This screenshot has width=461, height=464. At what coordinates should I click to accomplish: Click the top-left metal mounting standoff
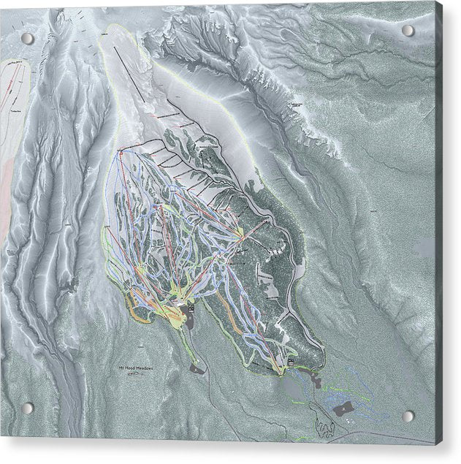27,38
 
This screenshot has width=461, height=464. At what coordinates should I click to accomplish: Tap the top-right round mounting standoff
408,31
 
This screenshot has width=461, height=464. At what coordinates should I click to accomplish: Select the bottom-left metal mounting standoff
27,408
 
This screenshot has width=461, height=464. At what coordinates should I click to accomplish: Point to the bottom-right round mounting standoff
408,416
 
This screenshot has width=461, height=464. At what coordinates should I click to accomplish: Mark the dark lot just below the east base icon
316,379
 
